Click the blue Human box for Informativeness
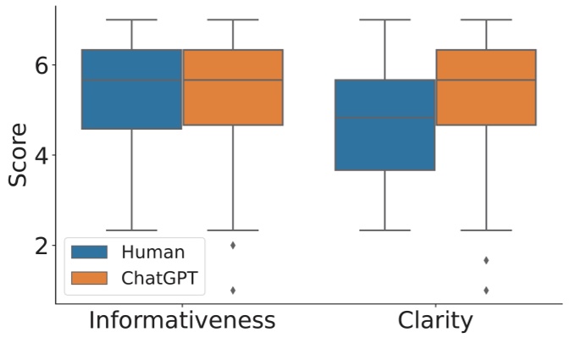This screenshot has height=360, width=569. [x=132, y=89]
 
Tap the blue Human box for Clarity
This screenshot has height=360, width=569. [x=384, y=125]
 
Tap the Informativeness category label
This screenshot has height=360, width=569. [x=182, y=322]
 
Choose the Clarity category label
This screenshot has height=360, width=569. [x=435, y=322]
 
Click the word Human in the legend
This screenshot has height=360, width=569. [x=152, y=252]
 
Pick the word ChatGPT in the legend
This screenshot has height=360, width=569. [x=163, y=277]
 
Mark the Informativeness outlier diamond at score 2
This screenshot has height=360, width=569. [x=233, y=245]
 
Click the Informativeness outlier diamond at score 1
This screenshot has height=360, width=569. [x=233, y=290]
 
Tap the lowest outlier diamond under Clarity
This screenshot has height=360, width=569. [x=486, y=290]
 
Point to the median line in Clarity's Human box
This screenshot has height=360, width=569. [x=384, y=118]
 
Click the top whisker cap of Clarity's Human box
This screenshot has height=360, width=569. [x=384, y=19]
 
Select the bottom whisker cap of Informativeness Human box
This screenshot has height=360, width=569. [x=132, y=230]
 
